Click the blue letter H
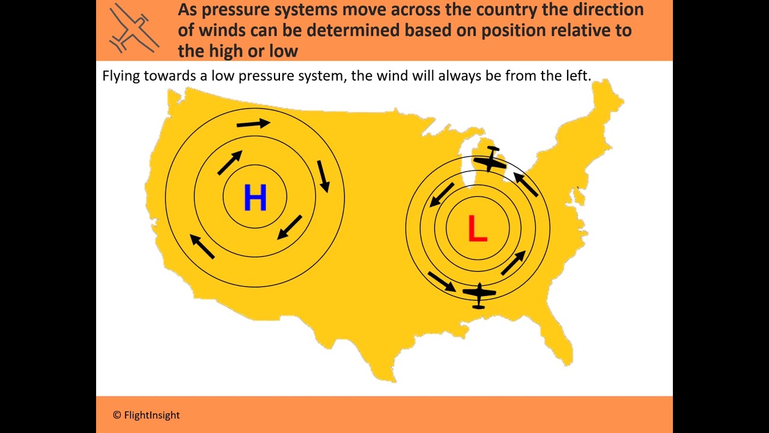tap(255, 198)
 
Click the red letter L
tap(477, 229)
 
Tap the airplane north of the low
tap(490, 160)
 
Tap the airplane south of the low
tap(479, 295)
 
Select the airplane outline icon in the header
tap(133, 28)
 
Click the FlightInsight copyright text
tap(146, 415)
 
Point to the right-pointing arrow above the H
tap(253, 124)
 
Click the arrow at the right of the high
tap(323, 176)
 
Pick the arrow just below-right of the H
tap(290, 227)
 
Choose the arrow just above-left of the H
tap(229, 162)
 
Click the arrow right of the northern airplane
tap(526, 185)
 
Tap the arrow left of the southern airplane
tap(442, 281)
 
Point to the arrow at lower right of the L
tap(513, 263)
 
